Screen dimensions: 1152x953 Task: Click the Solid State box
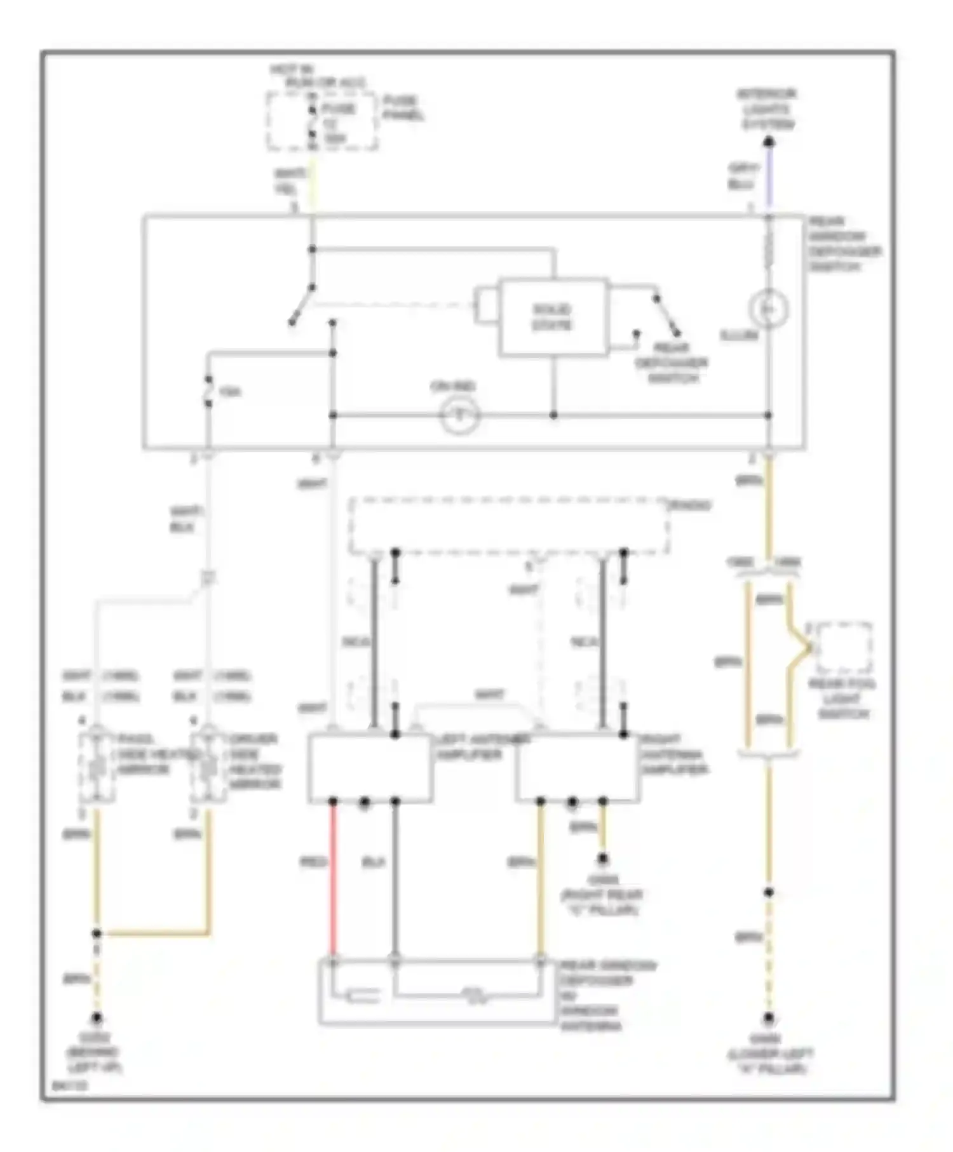[552, 317]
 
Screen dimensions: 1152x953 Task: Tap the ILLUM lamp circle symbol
[768, 309]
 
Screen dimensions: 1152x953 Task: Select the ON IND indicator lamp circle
[459, 416]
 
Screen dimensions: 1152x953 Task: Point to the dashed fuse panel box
[322, 121]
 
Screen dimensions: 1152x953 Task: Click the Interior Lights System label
[767, 109]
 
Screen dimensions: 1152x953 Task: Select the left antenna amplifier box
[370, 767]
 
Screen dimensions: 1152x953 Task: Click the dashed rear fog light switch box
[844, 648]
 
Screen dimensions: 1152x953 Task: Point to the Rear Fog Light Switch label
[842, 699]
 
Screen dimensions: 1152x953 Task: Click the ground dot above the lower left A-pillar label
[768, 1018]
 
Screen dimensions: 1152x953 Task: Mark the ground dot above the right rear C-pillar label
[602, 859]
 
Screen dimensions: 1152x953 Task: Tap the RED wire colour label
[313, 862]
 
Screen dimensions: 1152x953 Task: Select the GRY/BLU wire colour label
[743, 177]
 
